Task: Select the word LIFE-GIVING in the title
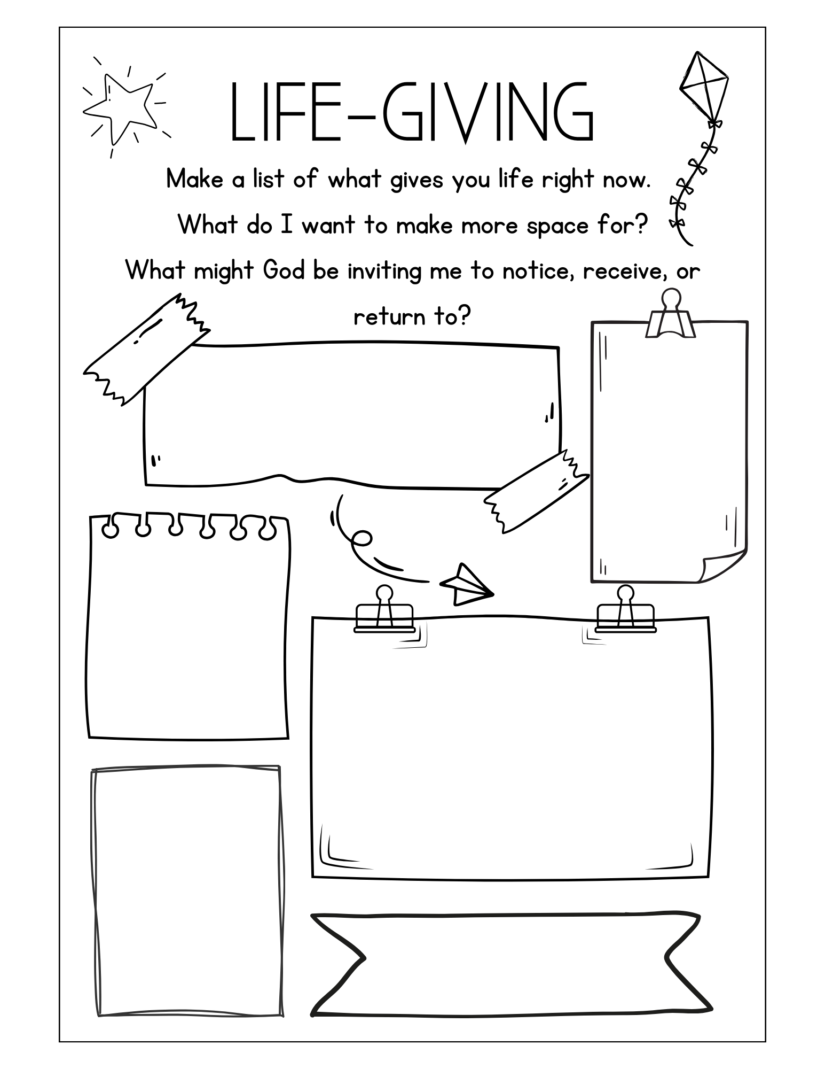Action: [x=411, y=113]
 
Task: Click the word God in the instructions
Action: [x=284, y=271]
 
